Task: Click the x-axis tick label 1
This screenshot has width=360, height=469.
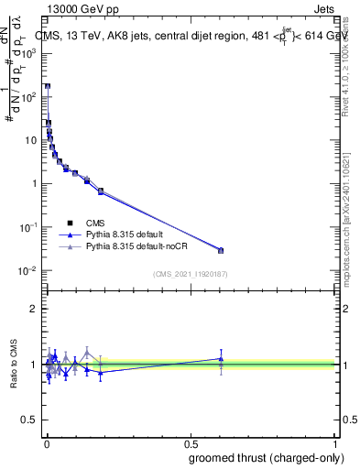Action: [335, 442]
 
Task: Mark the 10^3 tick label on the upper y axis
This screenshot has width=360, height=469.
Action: [27, 53]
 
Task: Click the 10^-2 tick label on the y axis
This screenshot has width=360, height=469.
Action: [27, 271]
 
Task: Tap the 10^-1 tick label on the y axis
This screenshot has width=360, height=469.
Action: [27, 227]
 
